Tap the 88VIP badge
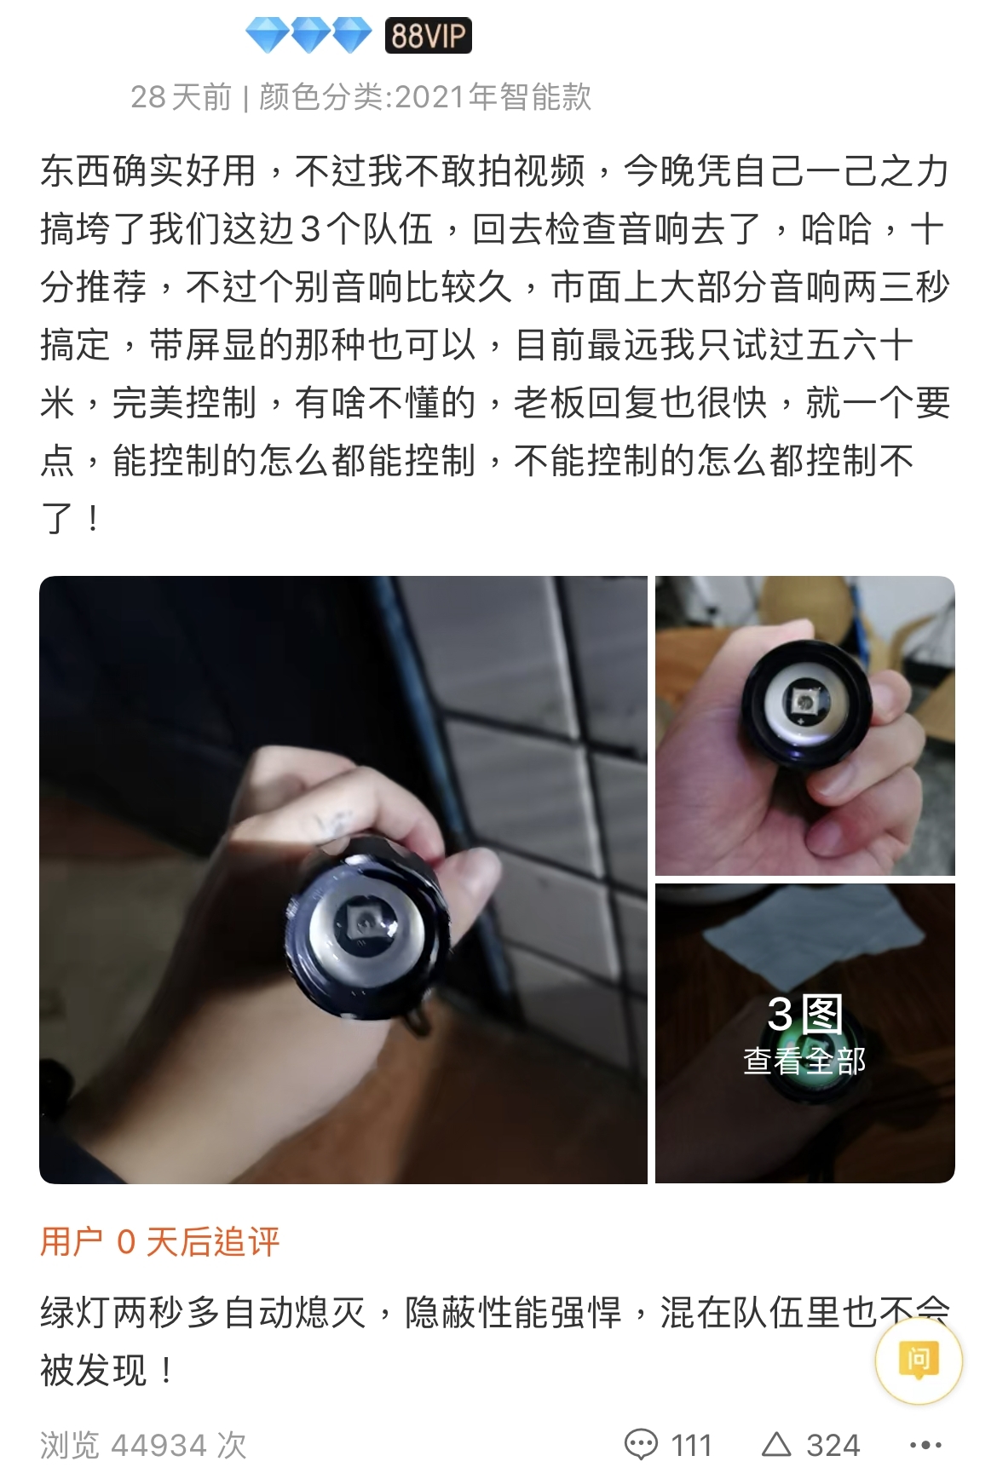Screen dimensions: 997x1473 pyautogui.click(x=428, y=36)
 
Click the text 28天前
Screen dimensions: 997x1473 pyautogui.click(x=181, y=97)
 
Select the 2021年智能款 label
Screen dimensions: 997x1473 pyautogui.click(x=493, y=97)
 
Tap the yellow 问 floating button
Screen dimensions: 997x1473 pyautogui.click(x=919, y=1359)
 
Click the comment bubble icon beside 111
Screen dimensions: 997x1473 pyautogui.click(x=641, y=1444)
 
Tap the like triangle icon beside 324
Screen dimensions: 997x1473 pyautogui.click(x=776, y=1443)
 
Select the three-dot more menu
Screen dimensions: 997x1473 pyautogui.click(x=925, y=1445)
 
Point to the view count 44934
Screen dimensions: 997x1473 pyautogui.click(x=159, y=1445)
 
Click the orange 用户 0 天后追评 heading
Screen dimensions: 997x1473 pyautogui.click(x=160, y=1242)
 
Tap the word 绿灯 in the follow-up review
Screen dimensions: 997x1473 pyautogui.click(x=76, y=1312)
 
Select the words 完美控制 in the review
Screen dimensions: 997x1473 pyautogui.click(x=184, y=402)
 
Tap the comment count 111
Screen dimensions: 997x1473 pyautogui.click(x=691, y=1445)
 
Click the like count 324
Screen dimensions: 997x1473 pyautogui.click(x=833, y=1445)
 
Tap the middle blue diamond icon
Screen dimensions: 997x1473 pyautogui.click(x=308, y=36)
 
